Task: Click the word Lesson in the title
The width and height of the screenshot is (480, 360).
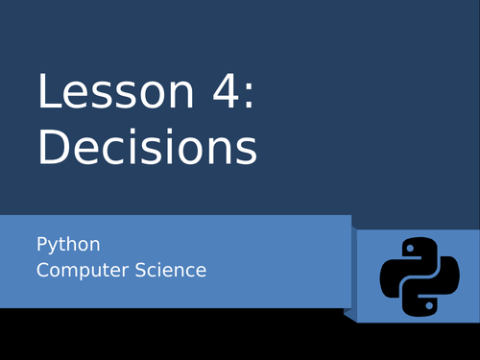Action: (116, 91)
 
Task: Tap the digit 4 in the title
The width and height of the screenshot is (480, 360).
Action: (226, 91)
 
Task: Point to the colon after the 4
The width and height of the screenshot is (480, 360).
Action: (250, 96)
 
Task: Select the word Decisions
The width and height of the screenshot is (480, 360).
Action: (148, 146)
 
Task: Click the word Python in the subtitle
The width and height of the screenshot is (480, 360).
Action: (68, 246)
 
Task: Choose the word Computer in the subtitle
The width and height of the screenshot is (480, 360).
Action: (83, 270)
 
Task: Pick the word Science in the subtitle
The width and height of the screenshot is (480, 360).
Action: (171, 270)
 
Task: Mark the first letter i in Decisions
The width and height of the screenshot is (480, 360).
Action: (136, 146)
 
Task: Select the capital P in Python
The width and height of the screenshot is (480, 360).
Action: (42, 244)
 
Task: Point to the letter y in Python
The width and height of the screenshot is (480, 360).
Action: (55, 248)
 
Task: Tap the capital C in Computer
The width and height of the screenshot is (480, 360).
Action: (43, 270)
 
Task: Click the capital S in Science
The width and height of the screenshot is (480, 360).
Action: (141, 270)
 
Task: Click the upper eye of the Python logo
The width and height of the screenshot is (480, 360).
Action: (410, 249)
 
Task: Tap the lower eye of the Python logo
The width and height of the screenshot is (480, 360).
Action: (429, 305)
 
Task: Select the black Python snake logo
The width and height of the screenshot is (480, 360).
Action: (420, 277)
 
